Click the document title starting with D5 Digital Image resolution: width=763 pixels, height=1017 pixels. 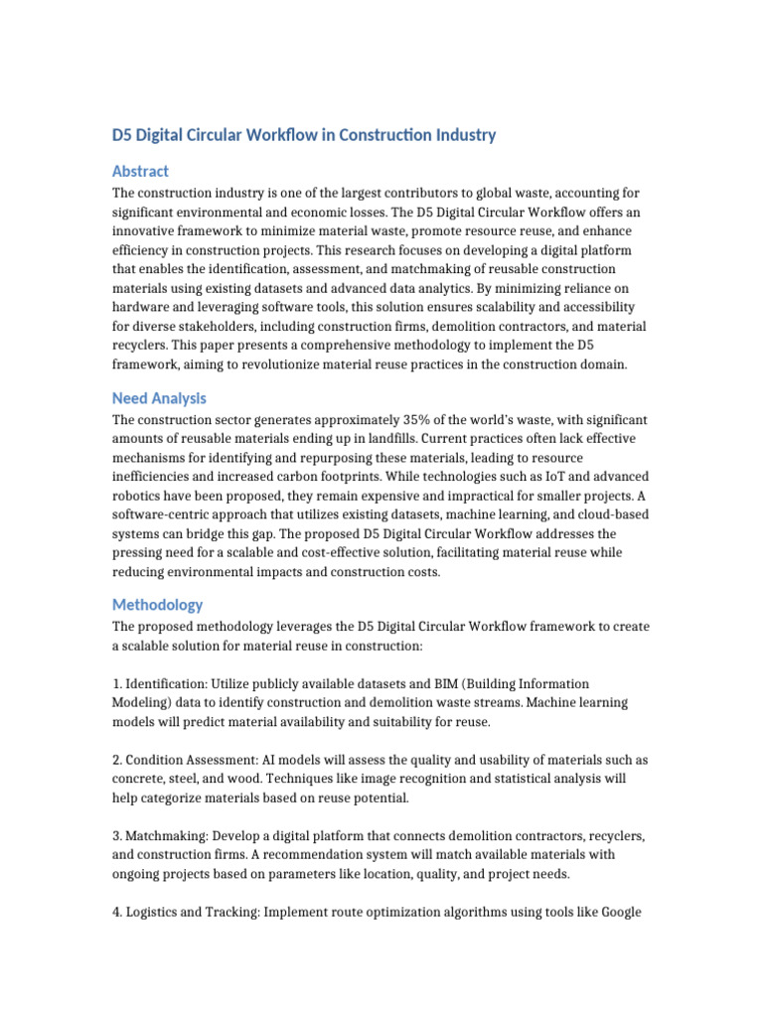[303, 135]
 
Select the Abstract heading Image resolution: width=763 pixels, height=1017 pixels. [140, 171]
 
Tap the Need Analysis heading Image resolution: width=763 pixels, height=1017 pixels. [159, 398]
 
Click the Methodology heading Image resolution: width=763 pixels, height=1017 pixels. [157, 604]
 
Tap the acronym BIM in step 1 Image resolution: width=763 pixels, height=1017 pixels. [440, 684]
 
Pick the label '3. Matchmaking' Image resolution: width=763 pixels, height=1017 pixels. [162, 836]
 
